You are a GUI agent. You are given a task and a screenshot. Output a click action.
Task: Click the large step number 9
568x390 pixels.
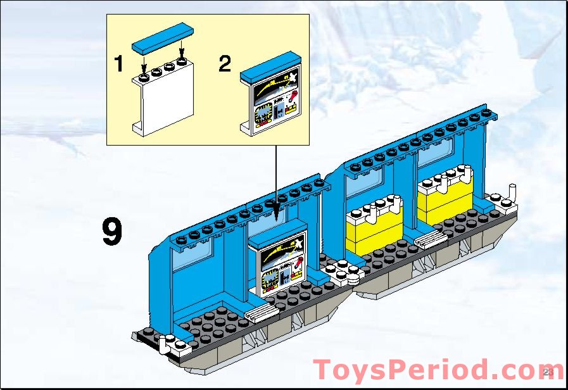pyautogui.click(x=112, y=232)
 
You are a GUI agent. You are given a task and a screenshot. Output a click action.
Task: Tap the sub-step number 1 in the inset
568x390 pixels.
pyautogui.click(x=118, y=63)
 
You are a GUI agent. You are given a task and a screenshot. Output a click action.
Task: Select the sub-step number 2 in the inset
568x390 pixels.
pyautogui.click(x=225, y=63)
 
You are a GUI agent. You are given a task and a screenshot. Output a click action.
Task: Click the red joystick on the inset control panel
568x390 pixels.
pyautogui.click(x=292, y=96)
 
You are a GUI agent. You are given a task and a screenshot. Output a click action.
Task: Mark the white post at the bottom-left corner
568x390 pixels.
pyautogui.click(x=163, y=344)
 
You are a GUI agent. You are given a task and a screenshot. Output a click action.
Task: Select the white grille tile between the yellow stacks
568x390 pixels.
pyautogui.click(x=429, y=237)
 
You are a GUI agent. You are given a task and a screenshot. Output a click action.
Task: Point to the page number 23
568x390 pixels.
pyautogui.click(x=548, y=371)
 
